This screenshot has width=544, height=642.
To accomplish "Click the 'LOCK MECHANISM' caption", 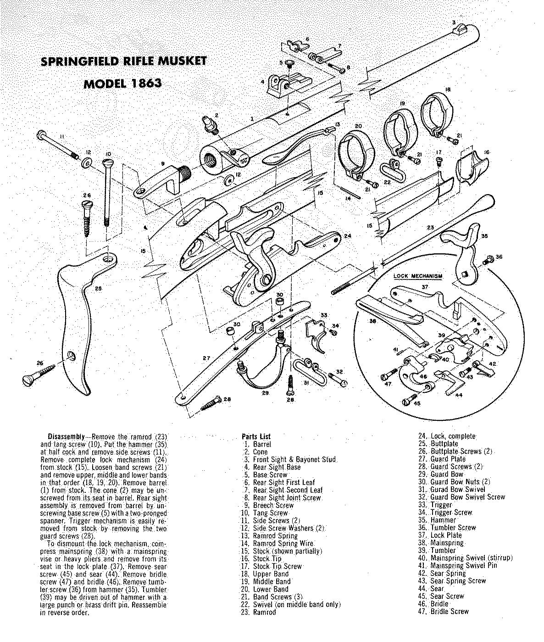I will (418, 276).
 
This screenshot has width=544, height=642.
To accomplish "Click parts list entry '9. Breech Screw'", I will (273, 505).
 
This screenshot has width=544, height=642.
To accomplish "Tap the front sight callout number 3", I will (453, 22).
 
